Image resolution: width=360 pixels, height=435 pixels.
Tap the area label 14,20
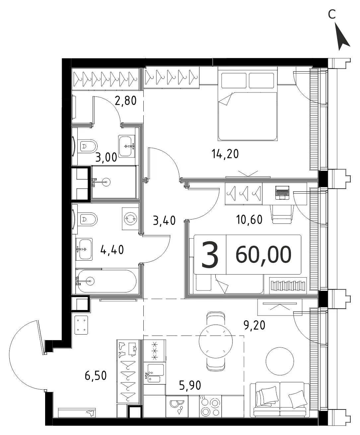(225, 154)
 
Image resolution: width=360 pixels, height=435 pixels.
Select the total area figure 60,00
(263, 254)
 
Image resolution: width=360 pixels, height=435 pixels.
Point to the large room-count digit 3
(210, 254)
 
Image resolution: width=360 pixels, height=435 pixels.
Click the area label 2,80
(126, 100)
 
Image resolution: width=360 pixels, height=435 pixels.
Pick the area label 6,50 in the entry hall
(96, 376)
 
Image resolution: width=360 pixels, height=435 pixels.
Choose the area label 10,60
(249, 219)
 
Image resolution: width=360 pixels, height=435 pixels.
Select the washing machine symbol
(130, 219)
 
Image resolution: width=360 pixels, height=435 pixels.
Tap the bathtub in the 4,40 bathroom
(106, 281)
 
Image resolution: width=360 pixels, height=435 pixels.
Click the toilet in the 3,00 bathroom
(89, 146)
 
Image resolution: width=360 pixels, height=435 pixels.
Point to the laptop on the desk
(282, 193)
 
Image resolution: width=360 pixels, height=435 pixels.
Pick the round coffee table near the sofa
(280, 361)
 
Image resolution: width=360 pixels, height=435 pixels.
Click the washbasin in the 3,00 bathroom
(127, 146)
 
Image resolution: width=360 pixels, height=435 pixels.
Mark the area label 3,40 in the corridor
(164, 220)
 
